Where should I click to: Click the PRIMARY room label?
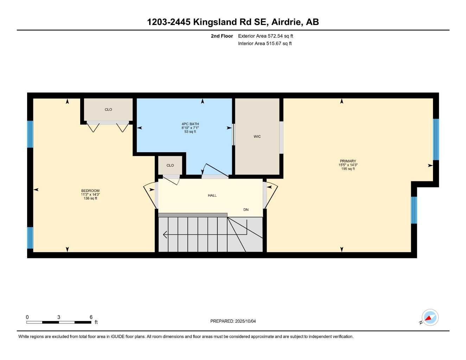[348, 161]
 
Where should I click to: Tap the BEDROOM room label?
[90, 191]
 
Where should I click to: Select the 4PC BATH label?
[190, 124]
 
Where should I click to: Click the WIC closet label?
[257, 136]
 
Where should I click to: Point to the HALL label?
[212, 195]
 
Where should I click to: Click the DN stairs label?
[246, 210]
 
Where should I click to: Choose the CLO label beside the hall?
[170, 165]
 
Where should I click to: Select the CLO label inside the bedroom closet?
[108, 109]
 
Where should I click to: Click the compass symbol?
[430, 318]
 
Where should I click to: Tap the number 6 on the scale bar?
[91, 317]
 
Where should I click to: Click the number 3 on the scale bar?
[59, 317]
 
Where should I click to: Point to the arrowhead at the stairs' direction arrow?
[165, 234]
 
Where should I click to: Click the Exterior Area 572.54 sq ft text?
[266, 36]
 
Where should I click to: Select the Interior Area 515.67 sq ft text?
[265, 44]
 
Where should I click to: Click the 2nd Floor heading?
[222, 36]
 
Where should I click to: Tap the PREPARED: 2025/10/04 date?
[233, 321]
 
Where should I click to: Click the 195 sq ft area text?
[348, 169]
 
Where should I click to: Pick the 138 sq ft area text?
[90, 198]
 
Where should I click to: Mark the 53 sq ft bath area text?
[190, 131]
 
